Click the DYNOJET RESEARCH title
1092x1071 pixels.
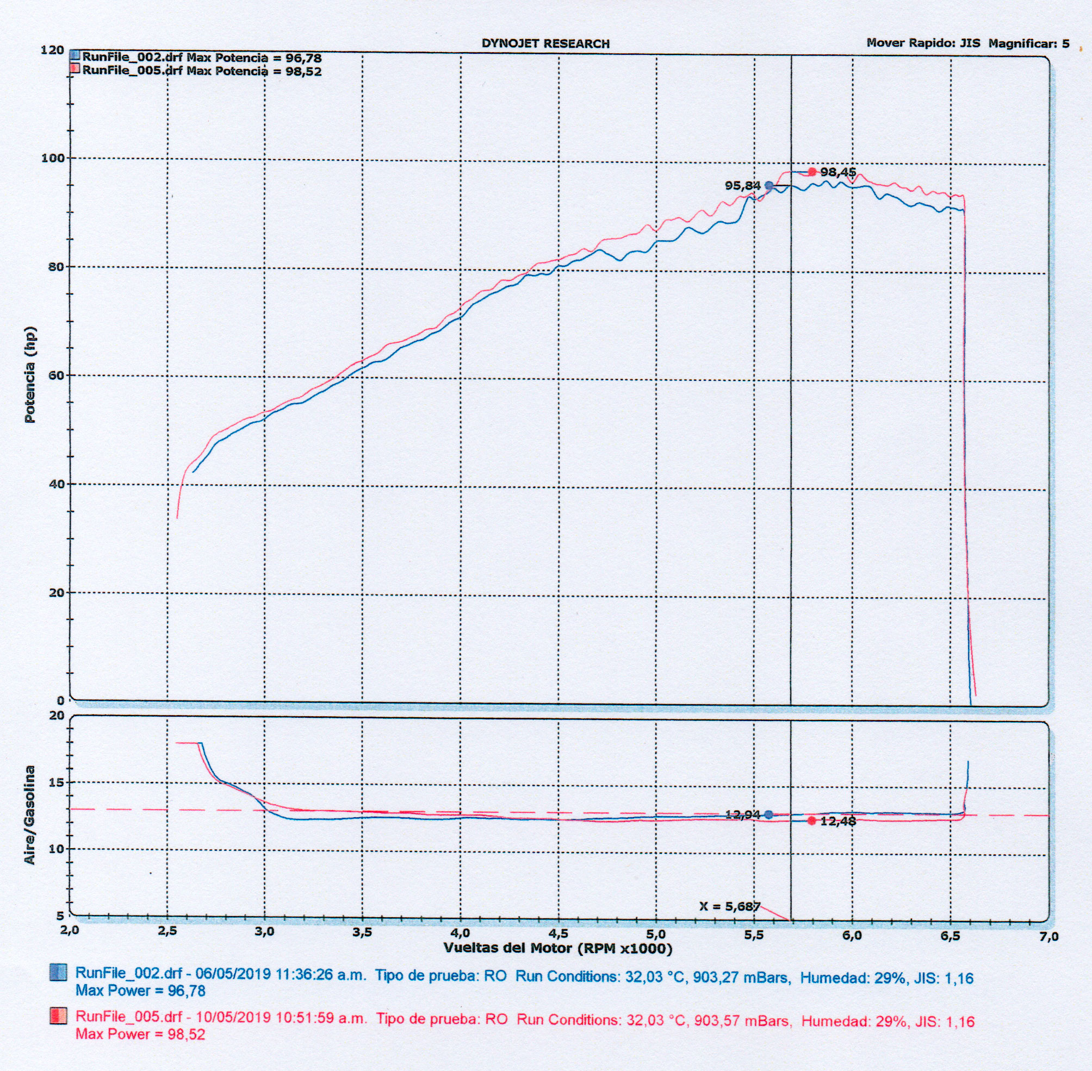(x=545, y=44)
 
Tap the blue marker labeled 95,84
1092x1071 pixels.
(x=769, y=186)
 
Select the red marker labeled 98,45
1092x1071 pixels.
(x=812, y=172)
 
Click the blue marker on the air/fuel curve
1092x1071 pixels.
(x=769, y=815)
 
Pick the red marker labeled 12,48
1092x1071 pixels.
(x=812, y=821)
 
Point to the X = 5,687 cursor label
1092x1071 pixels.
(x=729, y=906)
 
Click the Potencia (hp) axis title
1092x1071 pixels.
(x=30, y=374)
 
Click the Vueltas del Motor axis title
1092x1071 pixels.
(x=557, y=948)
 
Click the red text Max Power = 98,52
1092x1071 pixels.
(x=140, y=1034)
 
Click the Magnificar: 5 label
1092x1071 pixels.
(x=1028, y=43)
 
